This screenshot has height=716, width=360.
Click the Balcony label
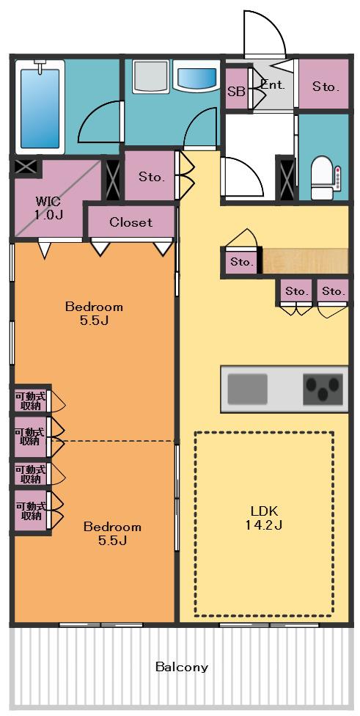click(x=182, y=667)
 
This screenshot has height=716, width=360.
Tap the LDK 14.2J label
click(x=264, y=518)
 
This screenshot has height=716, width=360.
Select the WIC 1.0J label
click(x=49, y=208)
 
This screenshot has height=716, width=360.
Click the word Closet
click(x=131, y=222)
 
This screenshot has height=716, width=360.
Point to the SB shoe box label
click(x=236, y=91)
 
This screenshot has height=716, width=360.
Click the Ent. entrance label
click(x=273, y=84)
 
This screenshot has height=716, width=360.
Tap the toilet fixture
click(x=326, y=178)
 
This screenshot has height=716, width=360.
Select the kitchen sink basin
click(x=247, y=389)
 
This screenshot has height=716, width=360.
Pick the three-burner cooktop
click(x=323, y=389)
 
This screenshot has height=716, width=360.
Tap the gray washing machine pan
click(x=150, y=78)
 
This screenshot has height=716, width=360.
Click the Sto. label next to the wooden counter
click(x=242, y=262)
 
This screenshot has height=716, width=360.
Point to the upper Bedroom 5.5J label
click(x=94, y=313)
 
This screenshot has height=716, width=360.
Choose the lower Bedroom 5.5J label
click(x=112, y=533)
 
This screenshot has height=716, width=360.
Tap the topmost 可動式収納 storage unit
click(x=31, y=400)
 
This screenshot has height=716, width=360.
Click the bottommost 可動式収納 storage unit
click(x=31, y=511)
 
